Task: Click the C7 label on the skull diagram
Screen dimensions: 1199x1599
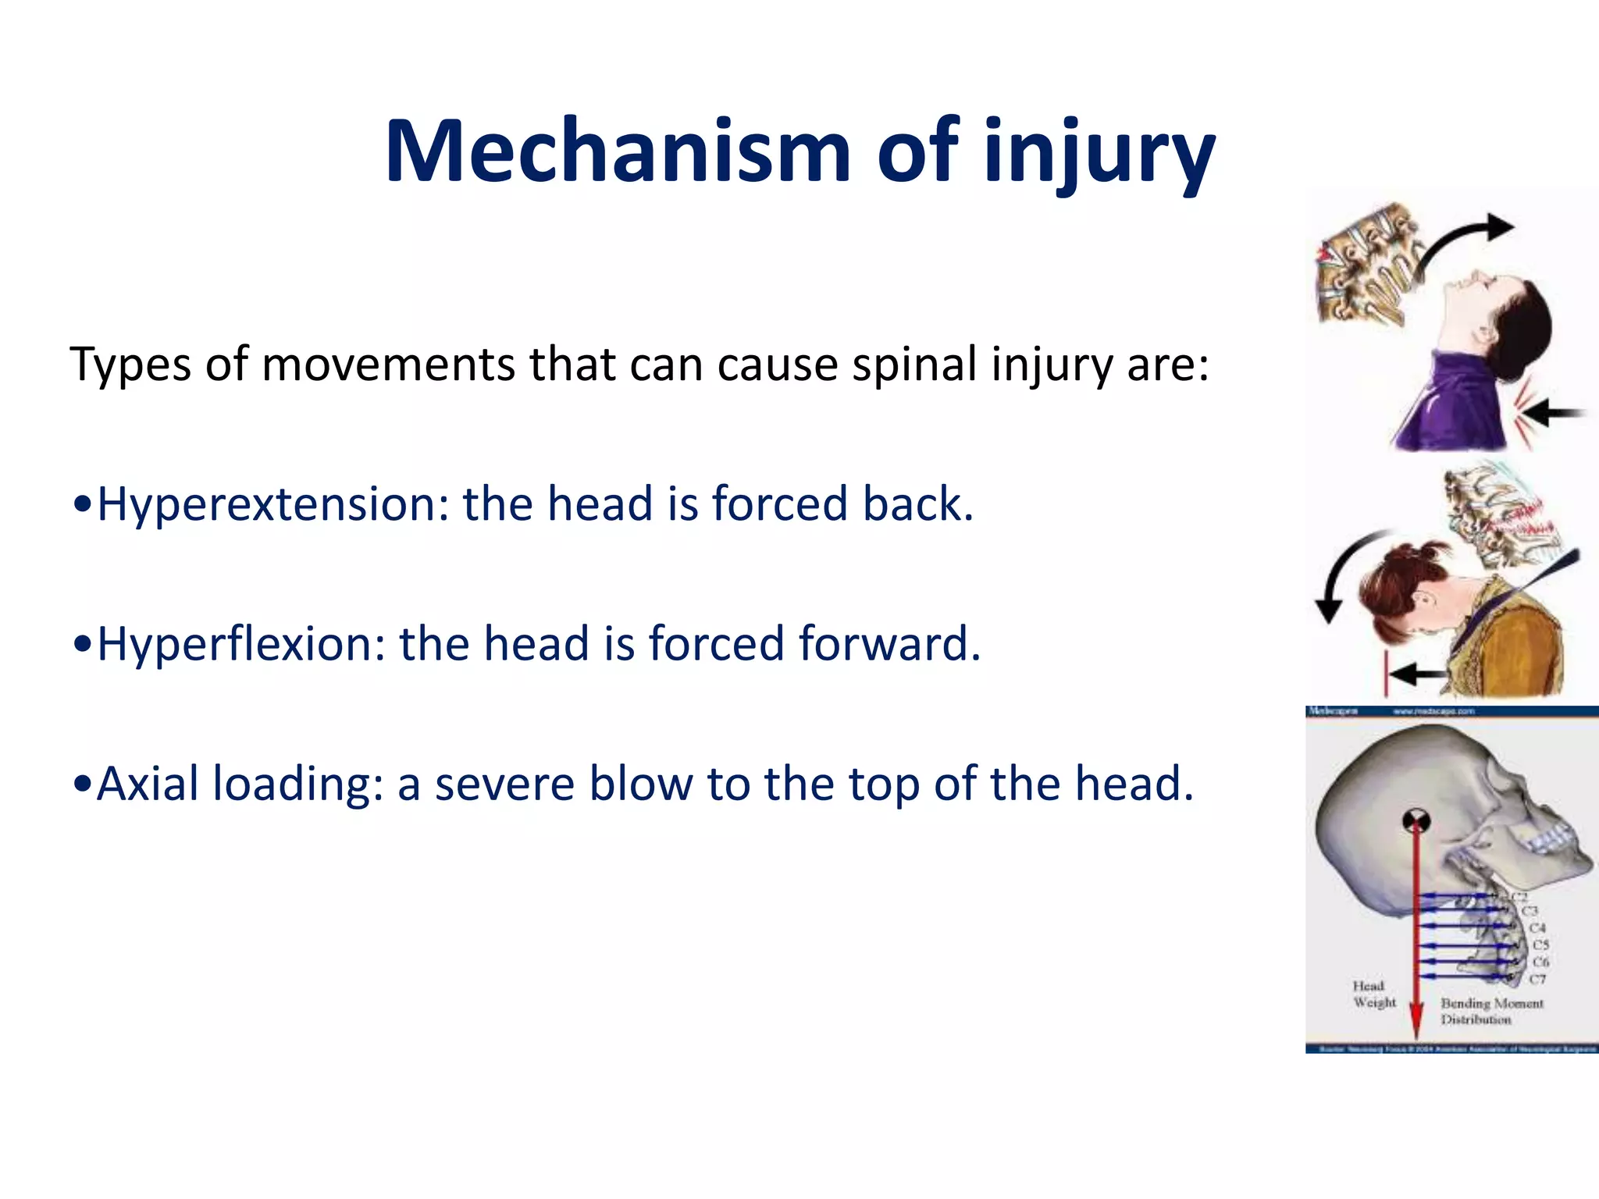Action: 1537,979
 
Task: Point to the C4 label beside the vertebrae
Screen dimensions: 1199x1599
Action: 1537,928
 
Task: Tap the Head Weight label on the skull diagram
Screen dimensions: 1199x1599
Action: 1373,994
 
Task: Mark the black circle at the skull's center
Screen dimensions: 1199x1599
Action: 1416,820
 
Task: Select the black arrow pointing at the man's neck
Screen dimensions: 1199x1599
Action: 1554,413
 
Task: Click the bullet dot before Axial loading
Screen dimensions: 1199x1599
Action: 81,785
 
